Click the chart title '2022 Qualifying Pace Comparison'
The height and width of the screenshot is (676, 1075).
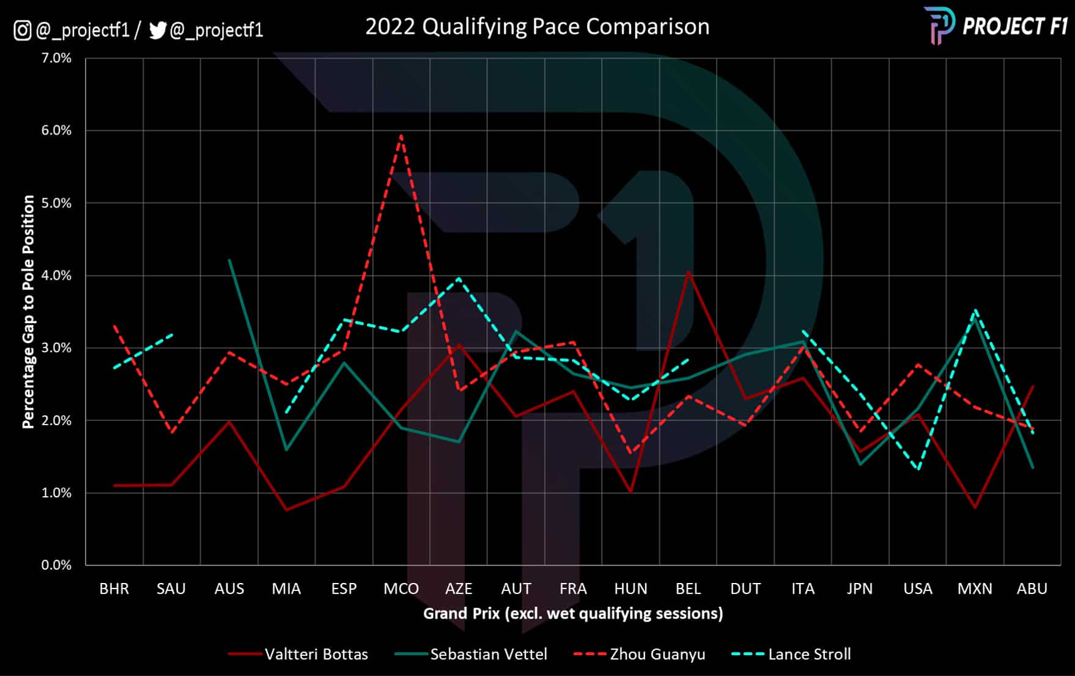pyautogui.click(x=537, y=27)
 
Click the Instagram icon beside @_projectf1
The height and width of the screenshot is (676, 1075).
pyautogui.click(x=23, y=30)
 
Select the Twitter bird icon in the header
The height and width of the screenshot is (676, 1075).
pyautogui.click(x=158, y=30)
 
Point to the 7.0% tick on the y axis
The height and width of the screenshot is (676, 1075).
pyautogui.click(x=56, y=58)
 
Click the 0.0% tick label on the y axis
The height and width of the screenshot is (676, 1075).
pyautogui.click(x=56, y=565)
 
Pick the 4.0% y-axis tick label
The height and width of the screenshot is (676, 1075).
pyautogui.click(x=56, y=275)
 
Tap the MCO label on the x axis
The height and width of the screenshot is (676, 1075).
pyautogui.click(x=401, y=589)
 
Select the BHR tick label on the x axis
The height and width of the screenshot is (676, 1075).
pyautogui.click(x=114, y=589)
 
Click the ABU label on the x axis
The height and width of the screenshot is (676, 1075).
pyautogui.click(x=1032, y=589)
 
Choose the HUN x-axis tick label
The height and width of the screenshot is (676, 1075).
pyautogui.click(x=630, y=589)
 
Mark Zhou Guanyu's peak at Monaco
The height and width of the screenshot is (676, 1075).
pyautogui.click(x=401, y=136)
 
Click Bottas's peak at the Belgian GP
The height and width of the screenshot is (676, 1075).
pyautogui.click(x=689, y=272)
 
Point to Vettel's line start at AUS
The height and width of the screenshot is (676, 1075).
pyautogui.click(x=229, y=260)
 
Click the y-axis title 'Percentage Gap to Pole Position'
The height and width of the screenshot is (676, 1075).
pyautogui.click(x=28, y=311)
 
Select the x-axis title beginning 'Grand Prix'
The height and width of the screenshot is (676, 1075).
pyautogui.click(x=573, y=614)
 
